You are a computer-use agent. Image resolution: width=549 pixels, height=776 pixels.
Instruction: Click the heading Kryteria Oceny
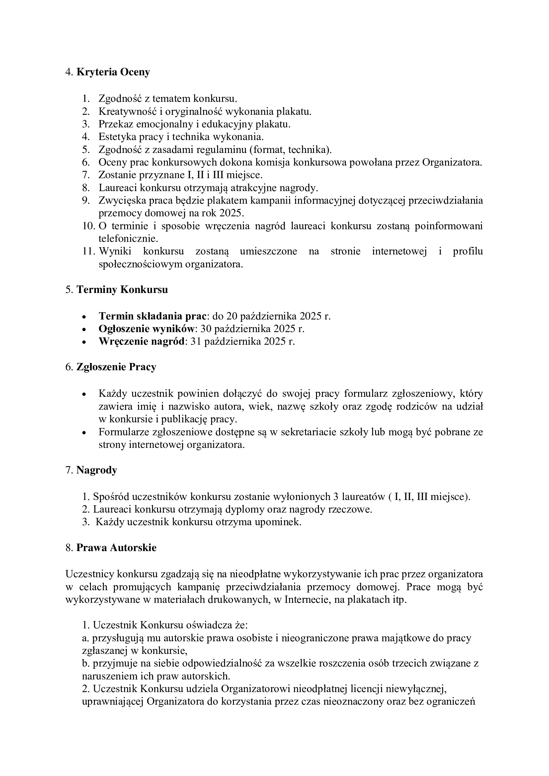click(113, 72)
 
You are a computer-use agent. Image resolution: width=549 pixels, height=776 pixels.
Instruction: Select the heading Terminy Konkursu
click(122, 290)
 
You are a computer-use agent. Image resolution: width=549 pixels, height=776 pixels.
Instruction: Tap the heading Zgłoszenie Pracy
click(116, 367)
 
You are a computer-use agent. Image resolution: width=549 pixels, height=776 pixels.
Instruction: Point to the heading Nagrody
click(97, 470)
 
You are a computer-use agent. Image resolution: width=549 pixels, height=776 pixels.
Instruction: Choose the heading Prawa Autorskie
click(116, 548)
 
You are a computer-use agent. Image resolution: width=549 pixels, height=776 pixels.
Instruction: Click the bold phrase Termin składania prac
click(152, 316)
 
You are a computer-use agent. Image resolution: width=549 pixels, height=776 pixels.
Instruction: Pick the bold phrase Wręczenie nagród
click(142, 341)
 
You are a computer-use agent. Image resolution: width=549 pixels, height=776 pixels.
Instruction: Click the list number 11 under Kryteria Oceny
click(88, 251)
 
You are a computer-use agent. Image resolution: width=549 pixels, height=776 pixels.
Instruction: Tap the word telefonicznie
click(128, 239)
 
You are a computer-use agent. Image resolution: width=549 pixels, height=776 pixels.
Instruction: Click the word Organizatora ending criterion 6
click(452, 163)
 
